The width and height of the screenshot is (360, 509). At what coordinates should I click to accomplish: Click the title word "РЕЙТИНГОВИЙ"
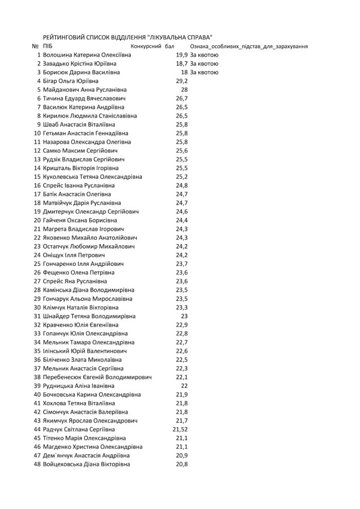pos(68,37)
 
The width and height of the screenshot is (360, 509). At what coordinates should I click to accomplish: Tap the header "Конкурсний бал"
pos(152,46)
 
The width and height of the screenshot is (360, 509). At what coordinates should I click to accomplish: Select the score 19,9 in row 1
pos(182,55)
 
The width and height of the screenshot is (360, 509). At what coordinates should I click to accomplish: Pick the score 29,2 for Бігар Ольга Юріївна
pos(181,81)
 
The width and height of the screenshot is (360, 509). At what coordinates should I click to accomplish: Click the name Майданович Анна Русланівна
pos(85,89)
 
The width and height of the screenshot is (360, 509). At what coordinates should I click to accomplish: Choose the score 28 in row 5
pos(183,89)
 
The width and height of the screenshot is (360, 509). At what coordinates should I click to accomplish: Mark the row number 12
pos(37,151)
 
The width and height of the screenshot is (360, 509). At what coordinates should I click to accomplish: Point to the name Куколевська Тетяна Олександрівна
pos(93,176)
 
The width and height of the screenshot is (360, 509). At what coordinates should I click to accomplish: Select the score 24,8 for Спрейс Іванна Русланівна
pos(181,185)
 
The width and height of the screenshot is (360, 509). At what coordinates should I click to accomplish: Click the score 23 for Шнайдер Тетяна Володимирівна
pos(183,316)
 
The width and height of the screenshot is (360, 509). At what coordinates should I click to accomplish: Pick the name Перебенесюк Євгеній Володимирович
pos(97,377)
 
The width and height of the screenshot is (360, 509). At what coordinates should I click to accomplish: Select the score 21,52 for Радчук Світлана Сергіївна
pos(180,429)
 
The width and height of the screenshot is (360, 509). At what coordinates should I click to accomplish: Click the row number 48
pos(37,464)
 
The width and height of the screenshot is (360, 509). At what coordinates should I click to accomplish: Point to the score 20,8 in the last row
pos(181,464)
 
